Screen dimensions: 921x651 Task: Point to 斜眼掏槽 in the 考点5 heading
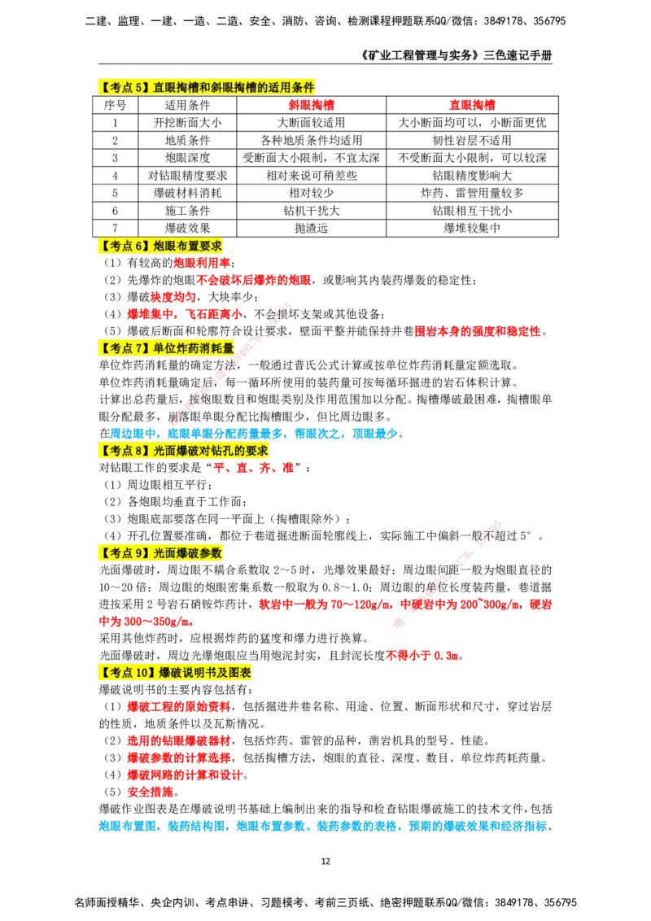point(234,87)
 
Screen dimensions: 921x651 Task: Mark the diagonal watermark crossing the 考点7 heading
point(228,362)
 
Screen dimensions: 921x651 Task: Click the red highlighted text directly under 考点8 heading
point(253,468)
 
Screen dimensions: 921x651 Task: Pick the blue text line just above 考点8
point(253,433)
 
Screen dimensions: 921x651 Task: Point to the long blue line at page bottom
point(324,826)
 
